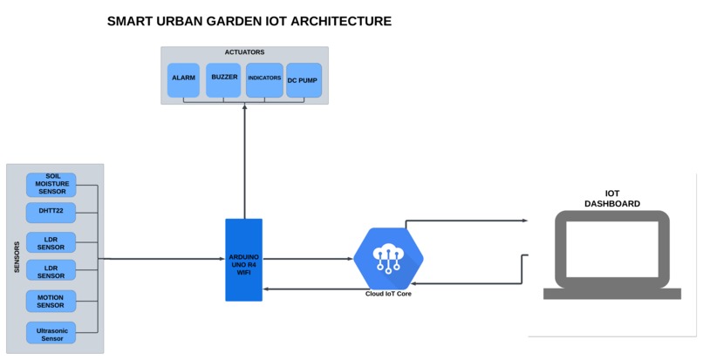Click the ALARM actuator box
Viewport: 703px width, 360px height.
tap(183, 78)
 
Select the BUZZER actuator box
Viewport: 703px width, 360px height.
tap(223, 78)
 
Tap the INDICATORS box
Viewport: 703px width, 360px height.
tap(264, 78)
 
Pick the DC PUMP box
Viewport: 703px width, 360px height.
tap(304, 80)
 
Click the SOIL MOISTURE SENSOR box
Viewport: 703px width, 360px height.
tap(51, 185)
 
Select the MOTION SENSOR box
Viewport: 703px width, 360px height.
tap(51, 302)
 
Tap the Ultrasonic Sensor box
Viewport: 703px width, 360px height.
tap(51, 333)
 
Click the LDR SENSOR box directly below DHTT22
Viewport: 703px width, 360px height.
tap(51, 241)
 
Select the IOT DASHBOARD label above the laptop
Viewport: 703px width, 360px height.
tap(611, 199)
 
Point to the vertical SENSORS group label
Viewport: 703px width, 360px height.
tap(17, 258)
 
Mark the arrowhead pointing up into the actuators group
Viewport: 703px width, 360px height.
tap(245, 109)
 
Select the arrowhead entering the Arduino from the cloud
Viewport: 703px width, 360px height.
tap(268, 289)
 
